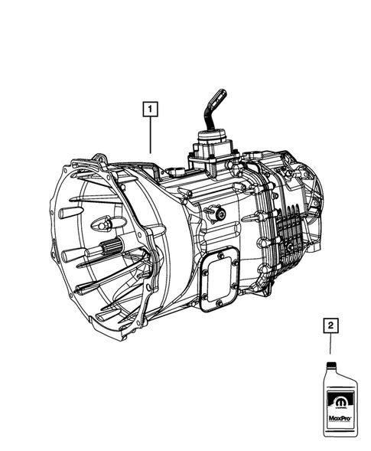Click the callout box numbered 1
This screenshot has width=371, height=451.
pos(150,109)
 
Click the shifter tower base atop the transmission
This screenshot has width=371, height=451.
pos(210,150)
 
